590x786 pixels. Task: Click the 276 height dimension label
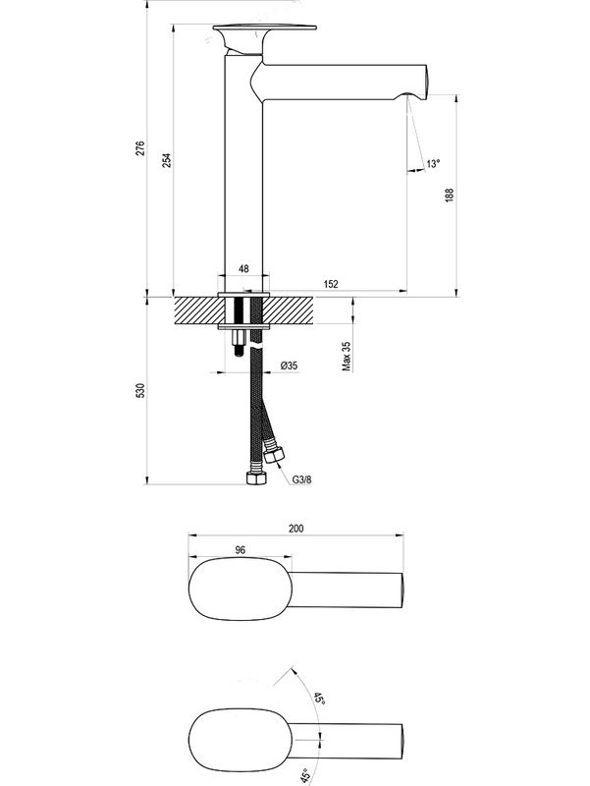click(x=140, y=148)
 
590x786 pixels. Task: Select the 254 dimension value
click(x=168, y=160)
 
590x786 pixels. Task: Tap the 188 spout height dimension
click(x=450, y=194)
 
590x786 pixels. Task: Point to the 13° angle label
click(x=433, y=164)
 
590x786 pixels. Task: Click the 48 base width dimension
click(x=243, y=268)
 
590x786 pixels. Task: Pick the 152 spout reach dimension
click(x=330, y=284)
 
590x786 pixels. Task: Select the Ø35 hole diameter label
click(x=289, y=365)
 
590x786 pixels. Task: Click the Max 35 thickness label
click(x=347, y=356)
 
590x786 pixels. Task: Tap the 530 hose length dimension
click(x=140, y=391)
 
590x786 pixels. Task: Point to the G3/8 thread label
click(x=301, y=479)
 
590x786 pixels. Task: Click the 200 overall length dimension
click(x=295, y=528)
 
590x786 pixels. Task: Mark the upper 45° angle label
click(x=318, y=702)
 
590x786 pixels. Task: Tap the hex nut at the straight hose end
click(x=255, y=479)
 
